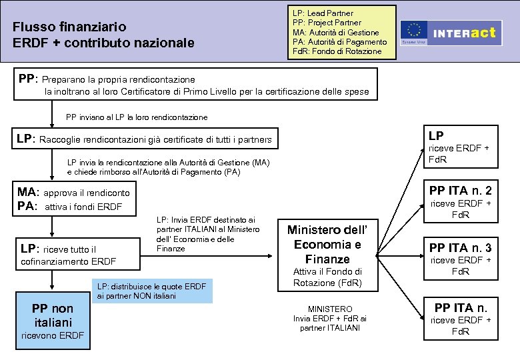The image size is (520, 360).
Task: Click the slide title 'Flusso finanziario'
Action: [69, 27]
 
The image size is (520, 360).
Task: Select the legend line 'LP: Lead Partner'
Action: [323, 13]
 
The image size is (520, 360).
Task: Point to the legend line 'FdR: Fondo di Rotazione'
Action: [337, 51]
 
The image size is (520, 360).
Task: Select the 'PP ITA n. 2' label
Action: [461, 189]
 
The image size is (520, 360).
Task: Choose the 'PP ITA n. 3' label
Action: [461, 247]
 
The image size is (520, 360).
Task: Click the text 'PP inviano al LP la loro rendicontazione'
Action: [137, 117]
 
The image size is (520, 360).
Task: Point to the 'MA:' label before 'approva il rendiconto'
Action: [28, 193]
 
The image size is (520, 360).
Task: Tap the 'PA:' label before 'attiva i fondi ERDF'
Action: [27, 206]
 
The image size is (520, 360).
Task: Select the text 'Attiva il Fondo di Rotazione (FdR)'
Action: [327, 277]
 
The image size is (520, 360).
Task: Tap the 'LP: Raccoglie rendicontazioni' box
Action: [144, 139]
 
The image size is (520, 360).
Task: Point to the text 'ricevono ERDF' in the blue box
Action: [53, 335]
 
